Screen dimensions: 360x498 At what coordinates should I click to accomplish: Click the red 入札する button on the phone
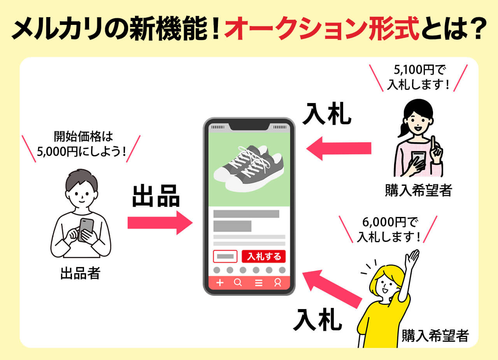pyautogui.click(x=264, y=257)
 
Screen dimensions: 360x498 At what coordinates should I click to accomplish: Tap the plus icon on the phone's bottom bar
pyautogui.click(x=220, y=283)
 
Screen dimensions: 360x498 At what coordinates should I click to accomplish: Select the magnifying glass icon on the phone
pyautogui.click(x=238, y=283)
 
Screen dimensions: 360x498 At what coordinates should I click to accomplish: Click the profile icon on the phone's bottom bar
pyautogui.click(x=277, y=283)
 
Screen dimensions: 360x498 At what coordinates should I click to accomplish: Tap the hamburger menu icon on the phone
pyautogui.click(x=258, y=283)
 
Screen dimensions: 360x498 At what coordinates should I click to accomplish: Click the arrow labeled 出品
pyautogui.click(x=160, y=223)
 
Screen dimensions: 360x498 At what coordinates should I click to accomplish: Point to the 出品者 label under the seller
pyautogui.click(x=80, y=273)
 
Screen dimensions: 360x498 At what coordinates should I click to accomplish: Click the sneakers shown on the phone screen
pyautogui.click(x=249, y=168)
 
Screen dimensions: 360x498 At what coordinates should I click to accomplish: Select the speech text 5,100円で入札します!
pyautogui.click(x=418, y=78)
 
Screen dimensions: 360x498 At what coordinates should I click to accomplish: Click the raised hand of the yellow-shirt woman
pyautogui.click(x=412, y=258)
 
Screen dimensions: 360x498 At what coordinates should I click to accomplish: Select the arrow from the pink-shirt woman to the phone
pyautogui.click(x=338, y=148)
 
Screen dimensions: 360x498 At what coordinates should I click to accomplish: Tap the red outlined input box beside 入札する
pyautogui.click(x=225, y=257)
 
